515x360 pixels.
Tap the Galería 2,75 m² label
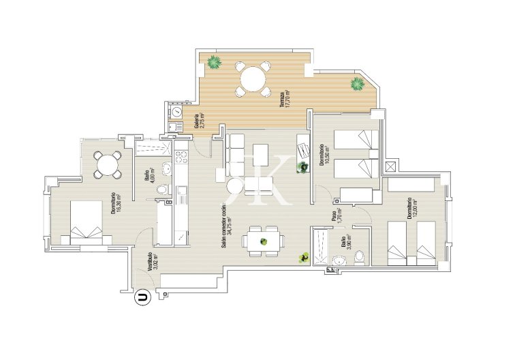click(199, 121)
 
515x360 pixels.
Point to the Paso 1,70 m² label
click(336, 216)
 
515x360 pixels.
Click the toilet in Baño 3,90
click(360, 256)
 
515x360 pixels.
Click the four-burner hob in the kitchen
click(182, 158)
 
